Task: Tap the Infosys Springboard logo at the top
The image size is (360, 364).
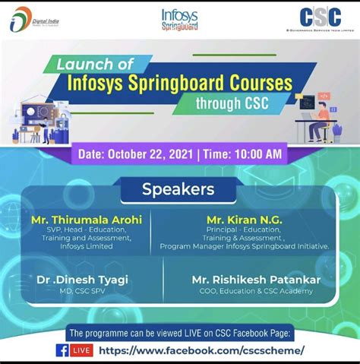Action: click(x=180, y=19)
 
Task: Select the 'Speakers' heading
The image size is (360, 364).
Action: click(x=178, y=189)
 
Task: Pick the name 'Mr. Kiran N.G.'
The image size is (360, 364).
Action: click(x=244, y=219)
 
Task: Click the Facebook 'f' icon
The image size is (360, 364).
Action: click(x=62, y=350)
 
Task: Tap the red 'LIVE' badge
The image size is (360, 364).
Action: click(x=82, y=350)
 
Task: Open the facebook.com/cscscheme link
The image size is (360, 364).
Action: click(x=202, y=350)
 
